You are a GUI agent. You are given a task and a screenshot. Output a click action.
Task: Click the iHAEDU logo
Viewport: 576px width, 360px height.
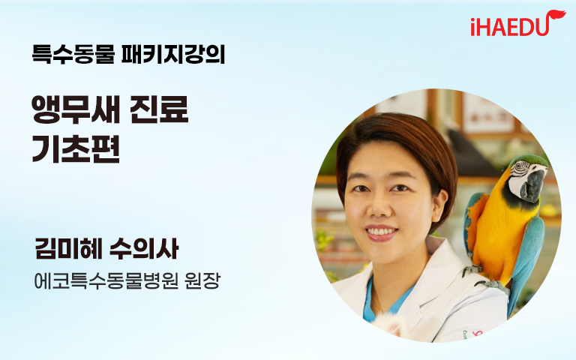point(518,23)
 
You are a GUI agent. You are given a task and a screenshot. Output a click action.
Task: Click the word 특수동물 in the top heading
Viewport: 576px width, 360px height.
point(73,54)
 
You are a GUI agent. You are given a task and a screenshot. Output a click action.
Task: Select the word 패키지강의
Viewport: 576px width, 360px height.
point(173,54)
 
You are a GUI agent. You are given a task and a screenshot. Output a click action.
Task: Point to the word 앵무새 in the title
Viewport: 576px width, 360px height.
point(76,109)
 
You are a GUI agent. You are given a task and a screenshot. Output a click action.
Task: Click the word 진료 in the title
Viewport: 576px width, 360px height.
point(159,109)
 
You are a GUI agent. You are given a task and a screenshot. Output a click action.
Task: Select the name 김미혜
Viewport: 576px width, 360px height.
point(68,249)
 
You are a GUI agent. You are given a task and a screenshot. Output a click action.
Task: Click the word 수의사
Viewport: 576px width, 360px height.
point(144,249)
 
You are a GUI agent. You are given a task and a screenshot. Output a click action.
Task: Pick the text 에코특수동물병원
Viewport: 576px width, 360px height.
point(106,281)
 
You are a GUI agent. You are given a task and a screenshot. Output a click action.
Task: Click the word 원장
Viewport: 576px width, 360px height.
point(202,281)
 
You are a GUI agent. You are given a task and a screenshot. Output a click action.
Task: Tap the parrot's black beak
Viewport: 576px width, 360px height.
point(532,185)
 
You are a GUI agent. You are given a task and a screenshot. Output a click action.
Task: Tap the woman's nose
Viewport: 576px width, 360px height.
point(378,206)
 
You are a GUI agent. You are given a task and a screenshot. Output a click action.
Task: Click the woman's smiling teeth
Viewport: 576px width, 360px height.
point(381,232)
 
